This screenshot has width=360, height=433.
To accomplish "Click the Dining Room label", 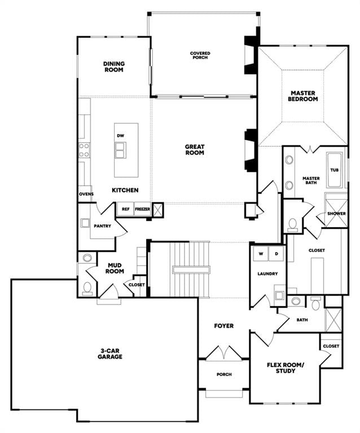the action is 114,67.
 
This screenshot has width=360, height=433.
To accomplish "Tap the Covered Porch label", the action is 200,55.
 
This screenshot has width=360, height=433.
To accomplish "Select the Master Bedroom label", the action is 303,96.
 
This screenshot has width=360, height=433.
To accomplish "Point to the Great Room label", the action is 195,149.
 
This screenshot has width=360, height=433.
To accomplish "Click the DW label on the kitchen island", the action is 120,135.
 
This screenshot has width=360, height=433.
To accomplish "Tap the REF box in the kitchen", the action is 126,209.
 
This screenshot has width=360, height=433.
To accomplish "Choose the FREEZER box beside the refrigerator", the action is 142,209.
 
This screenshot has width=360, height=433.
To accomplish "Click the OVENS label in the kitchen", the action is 86,194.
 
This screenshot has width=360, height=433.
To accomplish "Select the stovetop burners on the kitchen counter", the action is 84,150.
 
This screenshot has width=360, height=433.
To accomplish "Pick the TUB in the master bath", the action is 334,170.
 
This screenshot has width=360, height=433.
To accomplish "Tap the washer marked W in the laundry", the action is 261,254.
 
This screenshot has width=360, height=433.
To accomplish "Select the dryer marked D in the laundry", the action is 276,254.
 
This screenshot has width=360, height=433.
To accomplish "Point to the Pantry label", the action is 102,226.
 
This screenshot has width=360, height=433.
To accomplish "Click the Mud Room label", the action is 115,268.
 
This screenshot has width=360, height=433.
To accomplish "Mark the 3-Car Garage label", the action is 109,354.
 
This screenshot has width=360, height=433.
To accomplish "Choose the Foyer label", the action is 224,326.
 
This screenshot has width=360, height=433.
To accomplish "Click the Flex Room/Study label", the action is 286,368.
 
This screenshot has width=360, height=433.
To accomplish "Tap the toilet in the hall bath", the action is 315,303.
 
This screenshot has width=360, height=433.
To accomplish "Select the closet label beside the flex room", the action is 331,346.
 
